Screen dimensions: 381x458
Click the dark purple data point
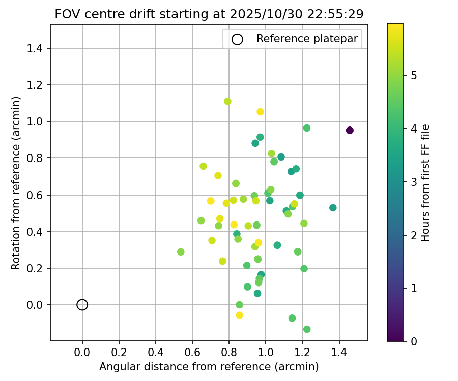click(350, 131)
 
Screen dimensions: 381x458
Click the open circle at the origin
click(82, 305)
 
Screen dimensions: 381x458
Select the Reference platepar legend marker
click(237, 39)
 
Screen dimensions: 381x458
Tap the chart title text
click(209, 14)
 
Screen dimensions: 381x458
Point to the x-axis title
click(209, 367)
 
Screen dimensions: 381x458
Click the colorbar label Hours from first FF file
click(426, 183)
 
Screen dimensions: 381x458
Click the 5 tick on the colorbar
click(414, 76)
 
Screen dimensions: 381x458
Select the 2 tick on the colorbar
click(414, 235)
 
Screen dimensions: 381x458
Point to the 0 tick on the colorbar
click(414, 341)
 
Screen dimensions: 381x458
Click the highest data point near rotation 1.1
click(227, 101)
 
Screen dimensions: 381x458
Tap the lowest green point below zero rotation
click(307, 329)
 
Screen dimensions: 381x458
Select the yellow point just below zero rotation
click(240, 315)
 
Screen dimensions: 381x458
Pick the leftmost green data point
click(181, 252)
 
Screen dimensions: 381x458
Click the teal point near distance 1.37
click(333, 208)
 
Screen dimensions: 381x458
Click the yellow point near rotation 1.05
click(260, 112)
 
